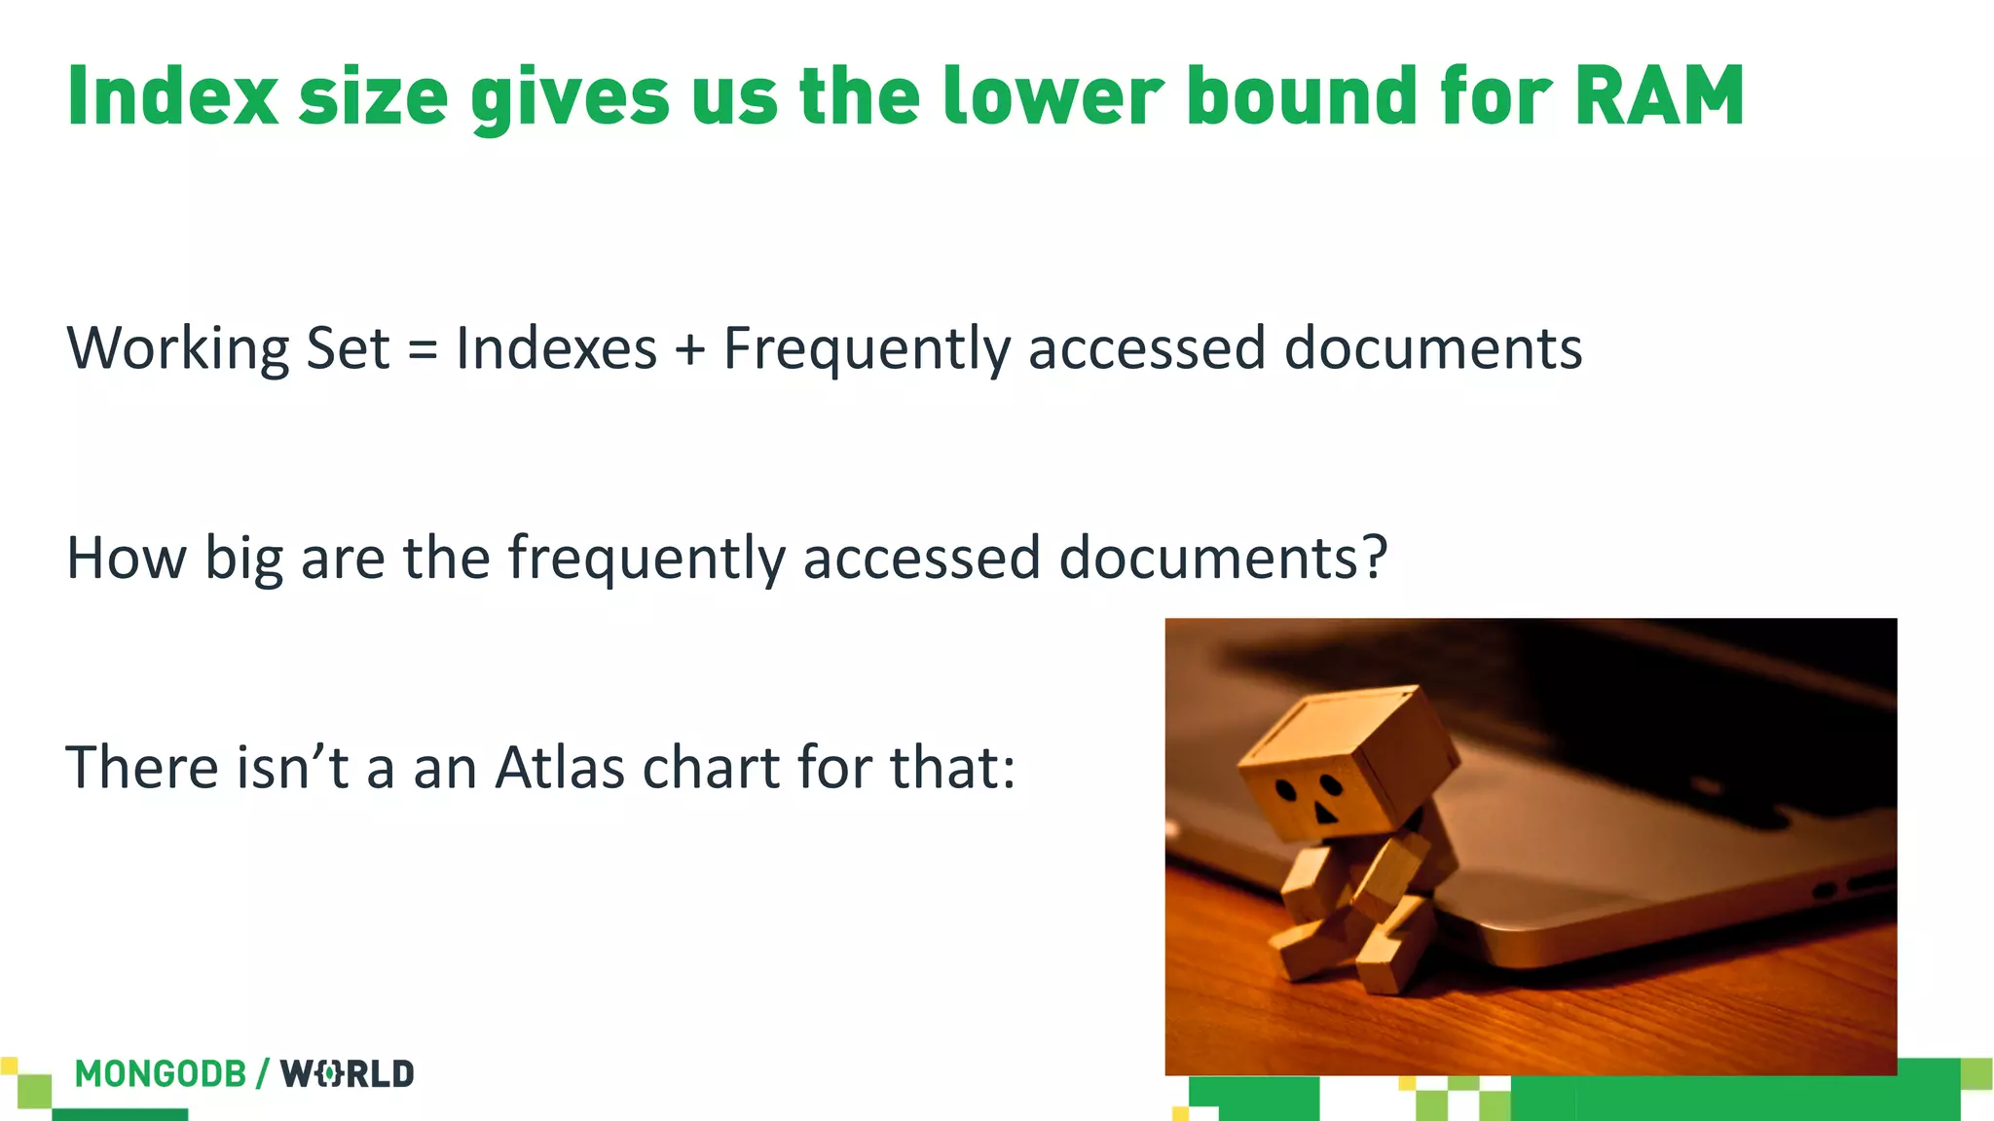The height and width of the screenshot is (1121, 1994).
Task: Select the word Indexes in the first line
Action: click(x=556, y=348)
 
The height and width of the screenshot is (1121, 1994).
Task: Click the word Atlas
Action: click(x=559, y=767)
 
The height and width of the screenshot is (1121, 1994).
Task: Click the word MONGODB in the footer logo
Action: click(x=161, y=1074)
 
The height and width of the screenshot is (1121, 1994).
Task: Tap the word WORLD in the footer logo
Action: click(x=348, y=1074)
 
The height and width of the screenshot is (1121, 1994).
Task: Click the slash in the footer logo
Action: click(x=263, y=1074)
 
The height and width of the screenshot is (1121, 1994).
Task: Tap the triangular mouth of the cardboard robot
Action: click(x=1325, y=813)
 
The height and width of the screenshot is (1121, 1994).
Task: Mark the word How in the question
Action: click(x=126, y=558)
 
